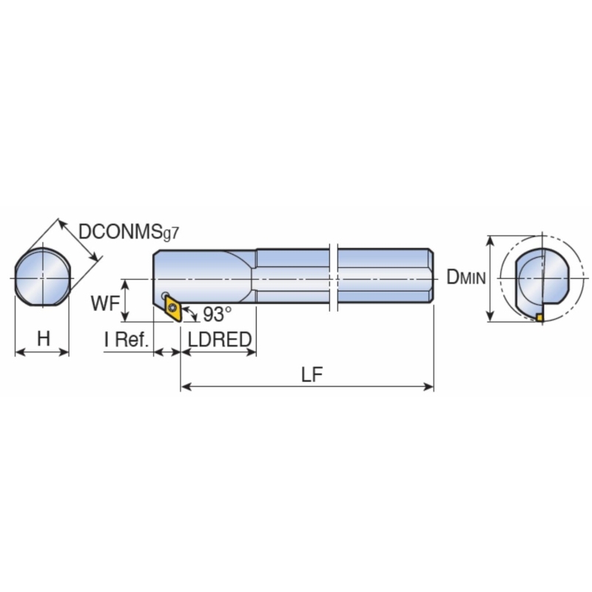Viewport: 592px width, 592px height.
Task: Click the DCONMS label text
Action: [120, 232]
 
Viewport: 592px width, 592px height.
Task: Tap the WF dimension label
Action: [105, 303]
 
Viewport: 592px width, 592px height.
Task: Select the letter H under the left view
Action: [44, 338]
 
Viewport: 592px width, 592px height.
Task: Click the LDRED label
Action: [220, 339]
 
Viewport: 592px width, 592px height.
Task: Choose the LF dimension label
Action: [312, 374]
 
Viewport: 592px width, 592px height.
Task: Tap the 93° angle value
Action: [217, 314]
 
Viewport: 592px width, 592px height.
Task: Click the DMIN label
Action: [466, 277]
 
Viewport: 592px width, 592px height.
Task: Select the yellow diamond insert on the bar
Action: [173, 308]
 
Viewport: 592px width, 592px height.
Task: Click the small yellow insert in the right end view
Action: [540, 317]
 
